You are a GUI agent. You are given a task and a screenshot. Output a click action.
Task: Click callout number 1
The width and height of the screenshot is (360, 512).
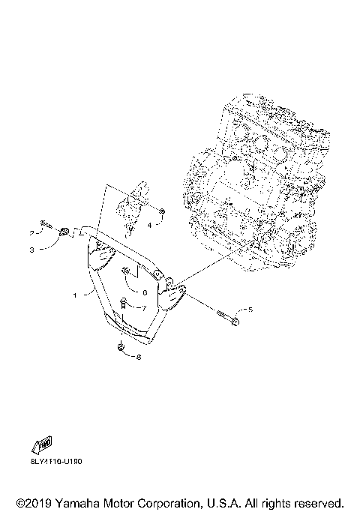click(x=75, y=295)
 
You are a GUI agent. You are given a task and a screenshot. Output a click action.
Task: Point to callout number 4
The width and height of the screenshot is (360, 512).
click(x=150, y=224)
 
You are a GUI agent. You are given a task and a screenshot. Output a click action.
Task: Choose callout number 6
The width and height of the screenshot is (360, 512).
click(x=143, y=293)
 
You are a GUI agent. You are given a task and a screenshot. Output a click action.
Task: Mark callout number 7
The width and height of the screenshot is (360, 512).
click(x=144, y=308)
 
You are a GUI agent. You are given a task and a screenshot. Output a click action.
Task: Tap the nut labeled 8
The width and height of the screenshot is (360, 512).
click(x=121, y=347)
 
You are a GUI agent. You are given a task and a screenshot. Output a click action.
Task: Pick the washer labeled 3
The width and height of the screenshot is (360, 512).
click(x=64, y=232)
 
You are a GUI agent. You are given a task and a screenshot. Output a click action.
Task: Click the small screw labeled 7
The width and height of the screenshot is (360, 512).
click(x=124, y=304)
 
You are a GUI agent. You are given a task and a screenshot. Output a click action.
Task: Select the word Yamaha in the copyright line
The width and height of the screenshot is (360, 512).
click(x=78, y=502)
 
